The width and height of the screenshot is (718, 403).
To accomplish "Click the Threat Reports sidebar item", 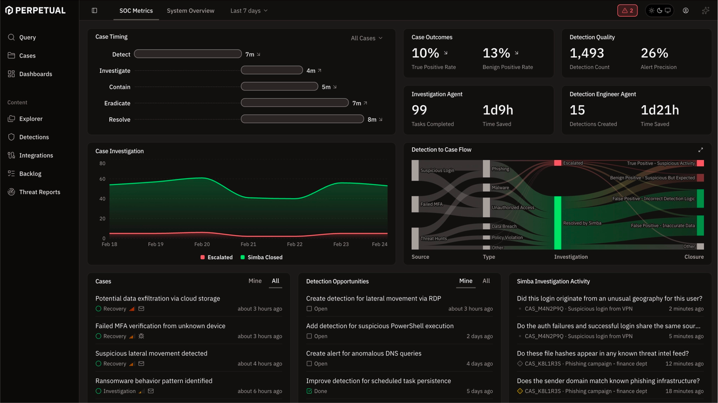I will click(x=39, y=192).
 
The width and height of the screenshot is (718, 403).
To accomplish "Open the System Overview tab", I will click(x=190, y=11).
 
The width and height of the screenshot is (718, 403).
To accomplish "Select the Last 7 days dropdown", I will click(x=249, y=11).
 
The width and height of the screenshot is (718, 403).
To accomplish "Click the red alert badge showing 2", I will click(x=627, y=11).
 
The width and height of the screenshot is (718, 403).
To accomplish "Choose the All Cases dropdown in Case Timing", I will click(x=366, y=38).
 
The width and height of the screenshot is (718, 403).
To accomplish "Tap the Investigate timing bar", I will click(x=272, y=71).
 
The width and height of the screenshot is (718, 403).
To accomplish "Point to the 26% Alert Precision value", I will click(x=654, y=53).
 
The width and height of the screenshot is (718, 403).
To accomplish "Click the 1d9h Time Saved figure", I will click(x=498, y=110).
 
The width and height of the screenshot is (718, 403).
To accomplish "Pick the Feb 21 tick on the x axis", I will click(x=248, y=244).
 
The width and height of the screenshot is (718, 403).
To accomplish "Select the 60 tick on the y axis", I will click(x=102, y=179).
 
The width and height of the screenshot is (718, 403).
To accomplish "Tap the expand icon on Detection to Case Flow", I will click(x=701, y=150).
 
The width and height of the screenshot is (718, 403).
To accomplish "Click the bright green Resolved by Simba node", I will click(x=557, y=223).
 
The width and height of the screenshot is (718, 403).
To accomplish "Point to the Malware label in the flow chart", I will click(x=500, y=188).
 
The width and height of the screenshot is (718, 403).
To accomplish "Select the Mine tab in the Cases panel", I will click(x=255, y=281).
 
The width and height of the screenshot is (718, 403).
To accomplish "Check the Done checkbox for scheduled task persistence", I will click(x=309, y=391).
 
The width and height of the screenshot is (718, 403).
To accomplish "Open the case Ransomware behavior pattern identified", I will click(x=154, y=381).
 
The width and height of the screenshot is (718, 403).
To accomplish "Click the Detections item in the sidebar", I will click(x=34, y=137).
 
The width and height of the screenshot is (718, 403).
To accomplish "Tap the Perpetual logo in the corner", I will click(x=35, y=10).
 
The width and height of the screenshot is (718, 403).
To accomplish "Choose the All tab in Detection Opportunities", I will click(x=486, y=281).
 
